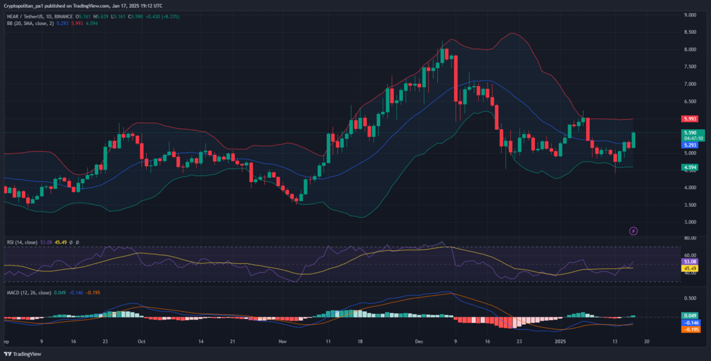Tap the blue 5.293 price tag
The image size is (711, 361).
click(689, 145)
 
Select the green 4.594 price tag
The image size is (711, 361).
click(689, 168)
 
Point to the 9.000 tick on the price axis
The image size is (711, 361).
click(689, 15)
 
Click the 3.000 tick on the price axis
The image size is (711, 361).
click(689, 222)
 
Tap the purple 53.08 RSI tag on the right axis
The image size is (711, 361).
click(689, 261)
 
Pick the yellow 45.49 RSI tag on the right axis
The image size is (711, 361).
click(689, 268)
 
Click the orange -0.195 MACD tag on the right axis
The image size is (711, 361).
click(689, 330)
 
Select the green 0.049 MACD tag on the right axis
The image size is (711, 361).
click(689, 315)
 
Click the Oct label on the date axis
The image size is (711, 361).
click(141, 342)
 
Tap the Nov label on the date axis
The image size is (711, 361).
click(282, 342)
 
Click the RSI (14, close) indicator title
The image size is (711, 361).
click(27, 242)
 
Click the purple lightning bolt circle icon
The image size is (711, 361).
click(633, 230)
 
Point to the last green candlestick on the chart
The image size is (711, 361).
click(634, 140)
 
